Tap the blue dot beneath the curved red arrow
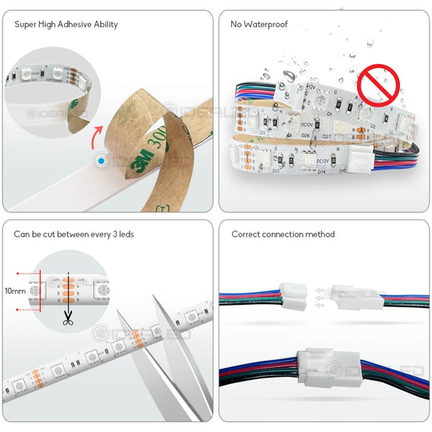pos(101,161)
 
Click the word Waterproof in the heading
pos(266,24)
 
